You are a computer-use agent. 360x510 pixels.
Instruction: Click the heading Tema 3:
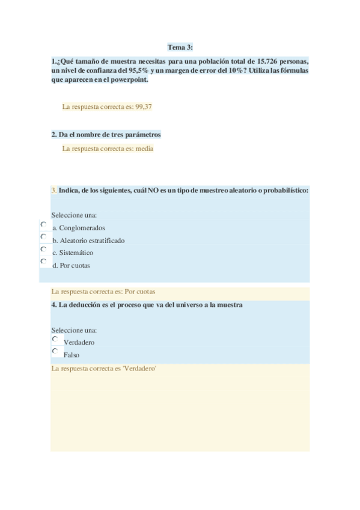[x=180, y=48]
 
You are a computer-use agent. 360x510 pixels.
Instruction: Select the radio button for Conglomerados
[x=43, y=224]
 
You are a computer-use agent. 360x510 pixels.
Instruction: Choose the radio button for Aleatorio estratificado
[x=43, y=236]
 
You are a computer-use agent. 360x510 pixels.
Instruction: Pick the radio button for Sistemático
[x=43, y=249]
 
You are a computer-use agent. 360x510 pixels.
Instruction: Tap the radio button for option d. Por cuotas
[x=43, y=262]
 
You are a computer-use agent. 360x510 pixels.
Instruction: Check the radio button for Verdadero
[x=55, y=339]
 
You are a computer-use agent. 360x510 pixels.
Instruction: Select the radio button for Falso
[x=55, y=351]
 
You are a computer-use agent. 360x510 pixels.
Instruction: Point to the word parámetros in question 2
[x=142, y=135]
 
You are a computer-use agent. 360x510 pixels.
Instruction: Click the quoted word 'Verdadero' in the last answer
[x=140, y=368]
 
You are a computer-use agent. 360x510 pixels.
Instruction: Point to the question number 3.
[x=53, y=190]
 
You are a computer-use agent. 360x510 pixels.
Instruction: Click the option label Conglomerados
[x=82, y=228]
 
